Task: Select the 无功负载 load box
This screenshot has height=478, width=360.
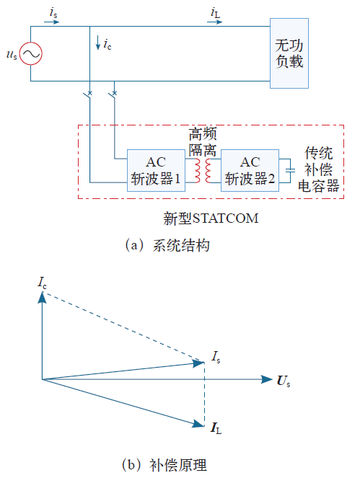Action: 289,53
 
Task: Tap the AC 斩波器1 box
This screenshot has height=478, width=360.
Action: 156,170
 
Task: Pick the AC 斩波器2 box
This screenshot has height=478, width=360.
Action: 250,170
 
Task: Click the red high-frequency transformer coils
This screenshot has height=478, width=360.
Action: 203,170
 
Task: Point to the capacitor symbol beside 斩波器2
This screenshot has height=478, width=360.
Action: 290,170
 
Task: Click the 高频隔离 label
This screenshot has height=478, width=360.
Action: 203,142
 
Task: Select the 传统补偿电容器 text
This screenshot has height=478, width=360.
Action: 318,169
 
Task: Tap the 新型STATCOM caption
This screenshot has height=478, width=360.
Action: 211,218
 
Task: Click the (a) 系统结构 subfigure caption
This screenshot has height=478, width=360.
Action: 167,245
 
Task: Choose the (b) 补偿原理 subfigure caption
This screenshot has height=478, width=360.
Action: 164,465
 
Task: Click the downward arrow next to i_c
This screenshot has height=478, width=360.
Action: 98,43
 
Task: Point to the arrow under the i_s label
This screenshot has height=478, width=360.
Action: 51,22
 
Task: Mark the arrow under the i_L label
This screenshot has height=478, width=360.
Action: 215,22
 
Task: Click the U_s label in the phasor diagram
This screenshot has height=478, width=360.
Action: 284,381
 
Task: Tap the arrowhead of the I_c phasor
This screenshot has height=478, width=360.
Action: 42,297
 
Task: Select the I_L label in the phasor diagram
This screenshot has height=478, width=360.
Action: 216,428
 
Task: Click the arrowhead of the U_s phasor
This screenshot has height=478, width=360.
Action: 267,379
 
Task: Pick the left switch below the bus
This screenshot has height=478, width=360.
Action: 88,94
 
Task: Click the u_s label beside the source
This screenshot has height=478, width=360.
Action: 12,55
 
